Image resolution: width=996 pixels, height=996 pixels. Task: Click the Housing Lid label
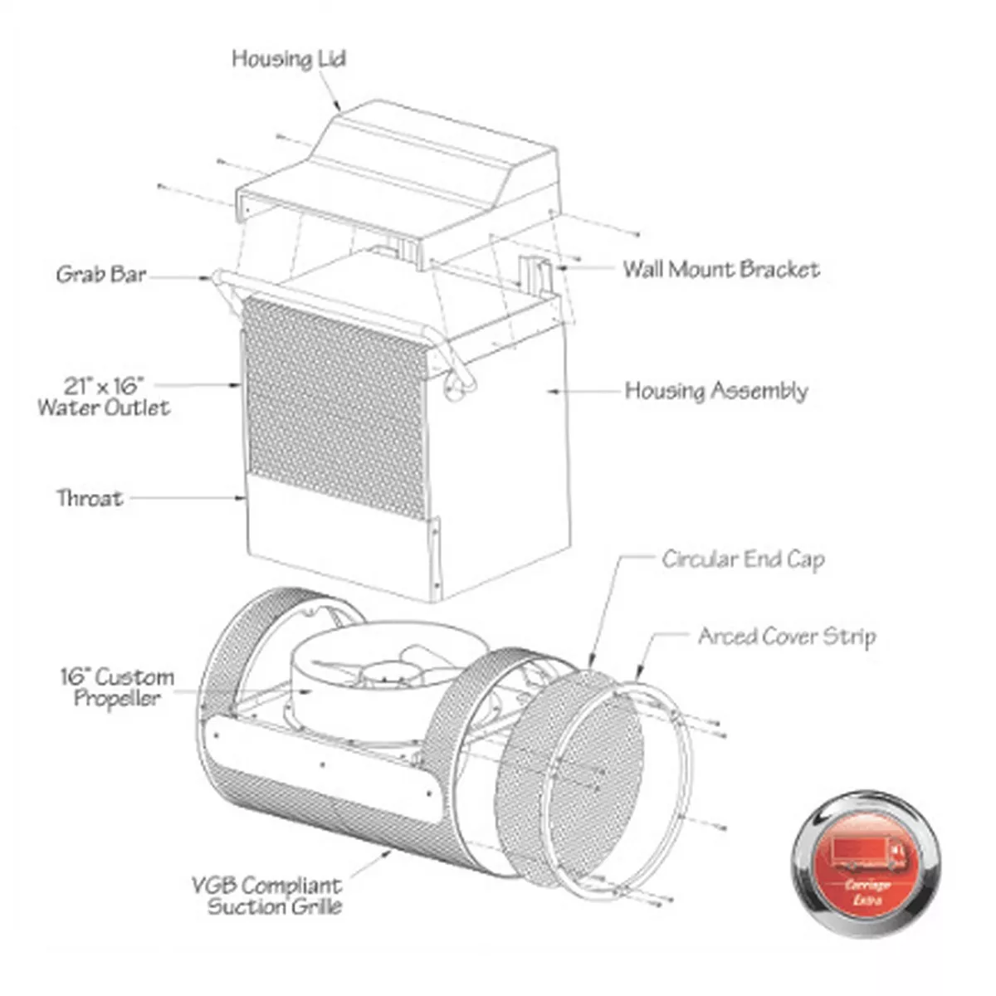pyautogui.click(x=288, y=59)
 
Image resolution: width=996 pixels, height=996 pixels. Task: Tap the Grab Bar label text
pyautogui.click(x=101, y=275)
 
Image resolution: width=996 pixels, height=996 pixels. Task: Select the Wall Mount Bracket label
pyautogui.click(x=721, y=269)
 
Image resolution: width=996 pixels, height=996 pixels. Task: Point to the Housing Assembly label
pyautogui.click(x=716, y=391)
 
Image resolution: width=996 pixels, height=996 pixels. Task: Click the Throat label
pyautogui.click(x=90, y=498)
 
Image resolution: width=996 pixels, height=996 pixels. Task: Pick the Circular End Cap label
pyautogui.click(x=743, y=559)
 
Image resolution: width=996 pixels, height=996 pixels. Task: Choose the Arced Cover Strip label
pyautogui.click(x=787, y=637)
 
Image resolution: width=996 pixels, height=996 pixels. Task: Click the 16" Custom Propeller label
pyautogui.click(x=117, y=687)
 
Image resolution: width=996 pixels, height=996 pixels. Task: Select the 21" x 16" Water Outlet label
pyautogui.click(x=104, y=397)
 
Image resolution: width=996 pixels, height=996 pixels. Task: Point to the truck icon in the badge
pyautogui.click(x=867, y=853)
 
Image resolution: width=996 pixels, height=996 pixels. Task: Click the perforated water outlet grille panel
pyautogui.click(x=336, y=408)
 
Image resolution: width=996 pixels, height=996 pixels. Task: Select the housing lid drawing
pyautogui.click(x=398, y=183)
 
